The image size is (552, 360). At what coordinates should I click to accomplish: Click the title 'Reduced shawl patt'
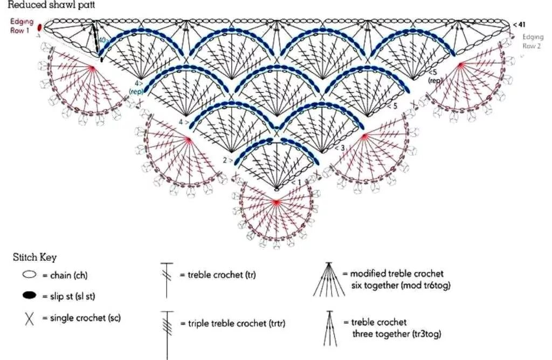[52, 5]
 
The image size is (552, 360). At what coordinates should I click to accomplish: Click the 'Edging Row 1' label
[22, 26]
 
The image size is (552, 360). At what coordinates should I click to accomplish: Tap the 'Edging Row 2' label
[532, 41]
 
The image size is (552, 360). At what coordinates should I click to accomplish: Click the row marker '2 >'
[227, 160]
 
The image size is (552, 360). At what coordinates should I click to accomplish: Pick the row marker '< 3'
[340, 147]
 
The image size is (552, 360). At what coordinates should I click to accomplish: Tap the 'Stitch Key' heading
[34, 257]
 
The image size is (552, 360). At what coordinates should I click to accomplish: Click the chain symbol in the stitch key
[30, 275]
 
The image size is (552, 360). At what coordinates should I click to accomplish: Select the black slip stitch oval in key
[30, 295]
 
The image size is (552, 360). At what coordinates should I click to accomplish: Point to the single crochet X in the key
[30, 318]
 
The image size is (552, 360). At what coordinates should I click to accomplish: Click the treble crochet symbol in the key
[167, 279]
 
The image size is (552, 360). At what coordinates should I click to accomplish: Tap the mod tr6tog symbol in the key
[329, 279]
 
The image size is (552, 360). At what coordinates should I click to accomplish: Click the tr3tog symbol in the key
[329, 328]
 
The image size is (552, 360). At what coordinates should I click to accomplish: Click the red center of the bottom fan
[276, 202]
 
